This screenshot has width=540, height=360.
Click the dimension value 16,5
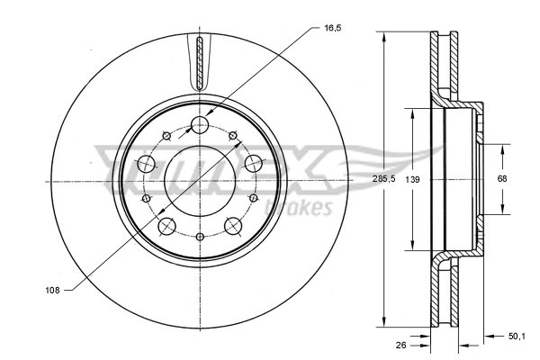332,28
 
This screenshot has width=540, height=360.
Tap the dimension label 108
52,291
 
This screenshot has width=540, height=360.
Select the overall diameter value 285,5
384,179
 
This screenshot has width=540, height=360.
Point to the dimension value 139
412,179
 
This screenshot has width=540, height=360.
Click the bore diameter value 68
502,178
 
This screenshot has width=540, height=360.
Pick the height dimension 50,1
517,337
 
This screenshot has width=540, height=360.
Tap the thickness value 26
400,345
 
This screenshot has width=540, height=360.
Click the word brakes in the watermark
299,207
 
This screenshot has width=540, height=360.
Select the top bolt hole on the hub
200,125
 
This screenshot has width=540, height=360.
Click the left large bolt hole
147,164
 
